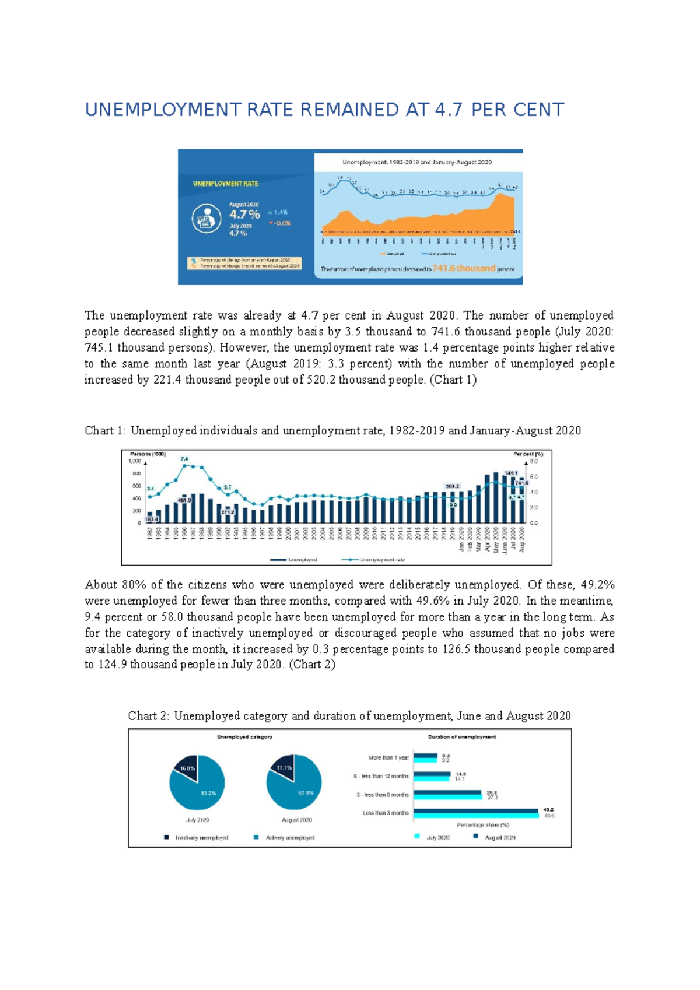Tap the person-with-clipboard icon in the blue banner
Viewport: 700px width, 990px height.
(x=206, y=219)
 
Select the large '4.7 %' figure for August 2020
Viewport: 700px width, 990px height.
(x=244, y=215)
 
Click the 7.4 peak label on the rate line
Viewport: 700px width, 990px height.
(x=184, y=459)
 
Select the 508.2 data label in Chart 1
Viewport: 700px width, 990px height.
(x=452, y=486)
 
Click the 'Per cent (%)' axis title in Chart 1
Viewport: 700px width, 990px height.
(x=528, y=454)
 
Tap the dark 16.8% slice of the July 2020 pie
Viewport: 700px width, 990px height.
(x=187, y=768)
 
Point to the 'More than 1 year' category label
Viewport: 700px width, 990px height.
(x=388, y=758)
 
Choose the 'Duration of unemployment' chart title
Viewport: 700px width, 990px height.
(x=461, y=737)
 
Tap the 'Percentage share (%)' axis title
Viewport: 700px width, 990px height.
(x=482, y=825)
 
